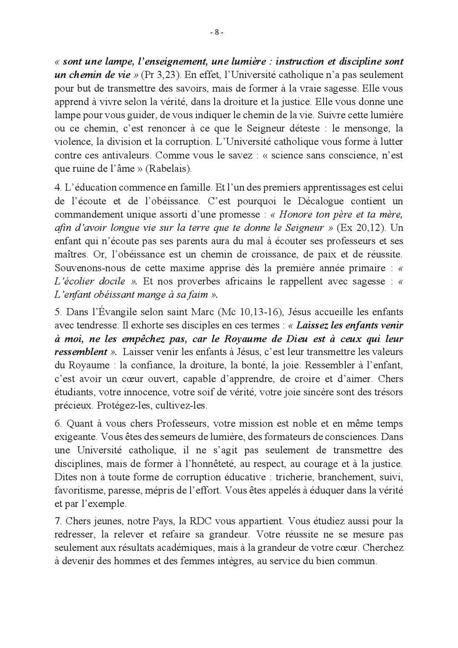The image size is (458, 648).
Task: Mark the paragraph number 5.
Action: click(x=57, y=311)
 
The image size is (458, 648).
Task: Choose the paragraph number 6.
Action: click(x=57, y=423)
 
